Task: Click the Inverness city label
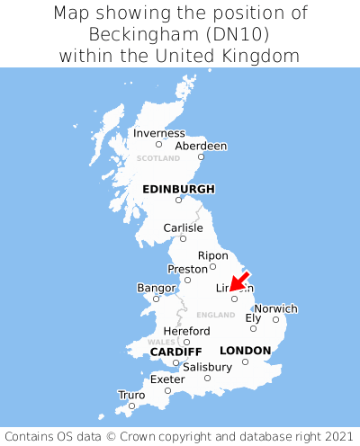click(x=159, y=133)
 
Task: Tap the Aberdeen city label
click(x=201, y=146)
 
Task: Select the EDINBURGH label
click(x=178, y=189)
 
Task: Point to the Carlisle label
click(x=183, y=227)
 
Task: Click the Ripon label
click(x=213, y=255)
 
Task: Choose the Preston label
click(x=188, y=269)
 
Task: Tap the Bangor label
click(x=155, y=288)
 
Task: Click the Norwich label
click(x=275, y=308)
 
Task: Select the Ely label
click(x=253, y=317)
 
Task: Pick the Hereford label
click(x=186, y=331)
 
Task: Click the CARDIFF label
click(x=175, y=351)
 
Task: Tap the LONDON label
click(x=245, y=350)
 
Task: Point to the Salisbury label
click(x=207, y=367)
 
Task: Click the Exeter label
click(x=167, y=379)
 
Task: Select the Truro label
click(x=131, y=395)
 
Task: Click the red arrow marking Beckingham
click(x=238, y=281)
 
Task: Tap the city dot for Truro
click(x=131, y=406)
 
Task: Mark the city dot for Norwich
click(x=275, y=319)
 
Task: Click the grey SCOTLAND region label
click(x=158, y=158)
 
